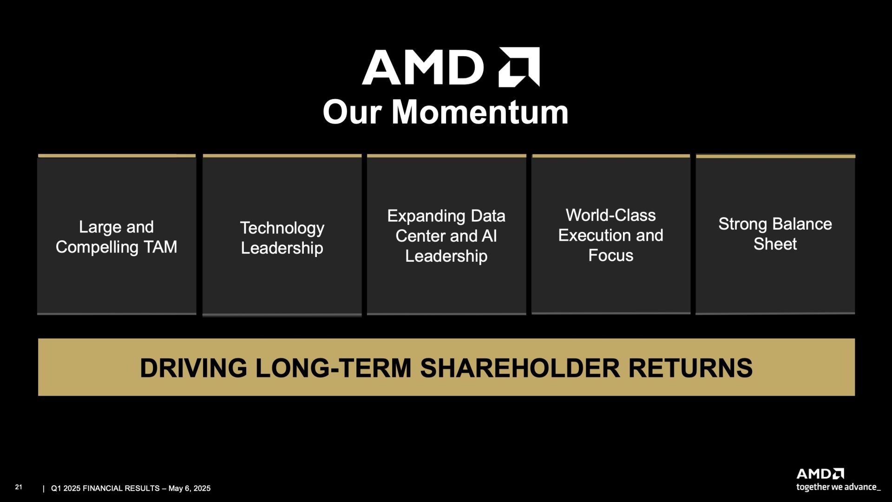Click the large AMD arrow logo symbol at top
pyautogui.click(x=519, y=67)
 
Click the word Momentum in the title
pyautogui.click(x=480, y=112)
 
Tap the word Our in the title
pyautogui.click(x=352, y=112)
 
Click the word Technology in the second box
pyautogui.click(x=282, y=228)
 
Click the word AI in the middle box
pyautogui.click(x=489, y=236)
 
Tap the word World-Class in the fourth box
pyautogui.click(x=610, y=215)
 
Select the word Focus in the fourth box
pyautogui.click(x=610, y=255)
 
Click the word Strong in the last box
pyautogui.click(x=742, y=225)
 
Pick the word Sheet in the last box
pyautogui.click(x=775, y=244)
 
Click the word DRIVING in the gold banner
pyautogui.click(x=193, y=368)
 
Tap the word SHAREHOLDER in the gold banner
pyautogui.click(x=520, y=368)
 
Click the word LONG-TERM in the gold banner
pyautogui.click(x=334, y=368)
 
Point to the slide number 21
pyautogui.click(x=19, y=487)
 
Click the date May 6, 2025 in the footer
pyautogui.click(x=190, y=489)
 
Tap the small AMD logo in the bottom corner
pyautogui.click(x=820, y=474)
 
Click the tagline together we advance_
pyautogui.click(x=838, y=487)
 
